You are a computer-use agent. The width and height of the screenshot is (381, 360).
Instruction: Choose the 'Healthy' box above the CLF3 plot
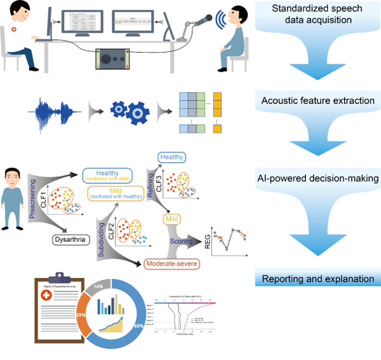tap(171, 156)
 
